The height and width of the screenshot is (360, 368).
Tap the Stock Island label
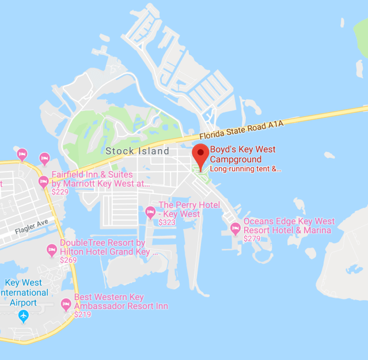[137, 151]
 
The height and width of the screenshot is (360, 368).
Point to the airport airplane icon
[23, 315]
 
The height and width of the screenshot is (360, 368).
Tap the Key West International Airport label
[23, 292]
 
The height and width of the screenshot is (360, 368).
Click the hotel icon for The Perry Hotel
[150, 211]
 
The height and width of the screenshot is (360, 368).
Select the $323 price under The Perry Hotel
[167, 222]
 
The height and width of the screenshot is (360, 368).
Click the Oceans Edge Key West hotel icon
[235, 228]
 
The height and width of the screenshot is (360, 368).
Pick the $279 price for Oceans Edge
[252, 238]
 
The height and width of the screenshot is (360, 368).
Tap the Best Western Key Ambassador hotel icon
[66, 304]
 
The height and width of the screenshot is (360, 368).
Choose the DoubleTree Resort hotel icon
[52, 249]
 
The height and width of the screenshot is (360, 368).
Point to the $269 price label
[68, 260]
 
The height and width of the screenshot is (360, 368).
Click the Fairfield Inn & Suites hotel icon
[43, 181]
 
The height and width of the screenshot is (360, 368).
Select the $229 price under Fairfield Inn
[60, 192]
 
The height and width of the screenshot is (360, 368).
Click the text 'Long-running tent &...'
[245, 169]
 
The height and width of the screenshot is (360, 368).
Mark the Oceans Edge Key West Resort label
[289, 226]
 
